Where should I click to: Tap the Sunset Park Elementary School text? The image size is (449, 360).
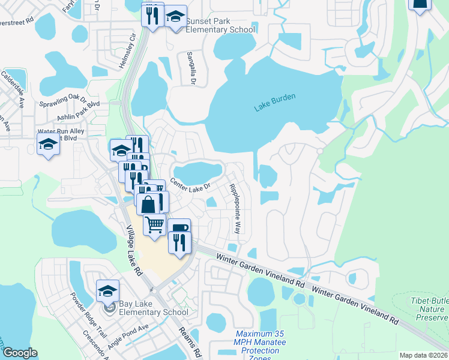point(220,25)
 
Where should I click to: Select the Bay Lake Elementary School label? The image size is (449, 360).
point(154,307)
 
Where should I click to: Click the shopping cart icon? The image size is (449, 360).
point(155,225)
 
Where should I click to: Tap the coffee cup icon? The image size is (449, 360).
point(179,229)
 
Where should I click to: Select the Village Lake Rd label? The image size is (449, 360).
point(134,250)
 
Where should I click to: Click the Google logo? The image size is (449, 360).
point(20,353)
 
